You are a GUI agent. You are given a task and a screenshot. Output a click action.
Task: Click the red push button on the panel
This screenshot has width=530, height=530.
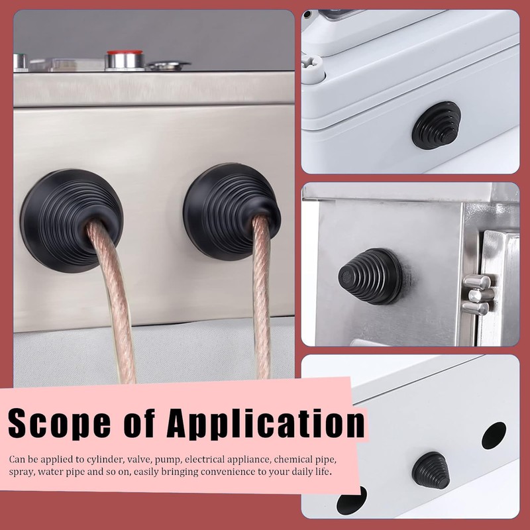pyautogui.click(x=125, y=60)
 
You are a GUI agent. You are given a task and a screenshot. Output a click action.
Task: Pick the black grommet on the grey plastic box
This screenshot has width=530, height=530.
pyautogui.click(x=437, y=126)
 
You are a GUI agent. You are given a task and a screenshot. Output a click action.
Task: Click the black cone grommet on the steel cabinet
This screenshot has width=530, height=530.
pyautogui.click(x=370, y=276)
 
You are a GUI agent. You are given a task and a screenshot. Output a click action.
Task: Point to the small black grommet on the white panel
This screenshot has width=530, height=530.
pyautogui.click(x=431, y=470)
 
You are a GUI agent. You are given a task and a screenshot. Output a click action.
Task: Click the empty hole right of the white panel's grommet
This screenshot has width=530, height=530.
pyautogui.click(x=494, y=435)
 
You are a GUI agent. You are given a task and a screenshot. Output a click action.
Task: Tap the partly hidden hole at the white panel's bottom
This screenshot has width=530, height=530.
pyautogui.click(x=352, y=500)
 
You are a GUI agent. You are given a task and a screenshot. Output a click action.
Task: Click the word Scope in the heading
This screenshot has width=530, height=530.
pyautogui.click(x=60, y=423)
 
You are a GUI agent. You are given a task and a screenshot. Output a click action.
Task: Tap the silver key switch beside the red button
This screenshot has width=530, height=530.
pyautogui.click(x=168, y=65)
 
